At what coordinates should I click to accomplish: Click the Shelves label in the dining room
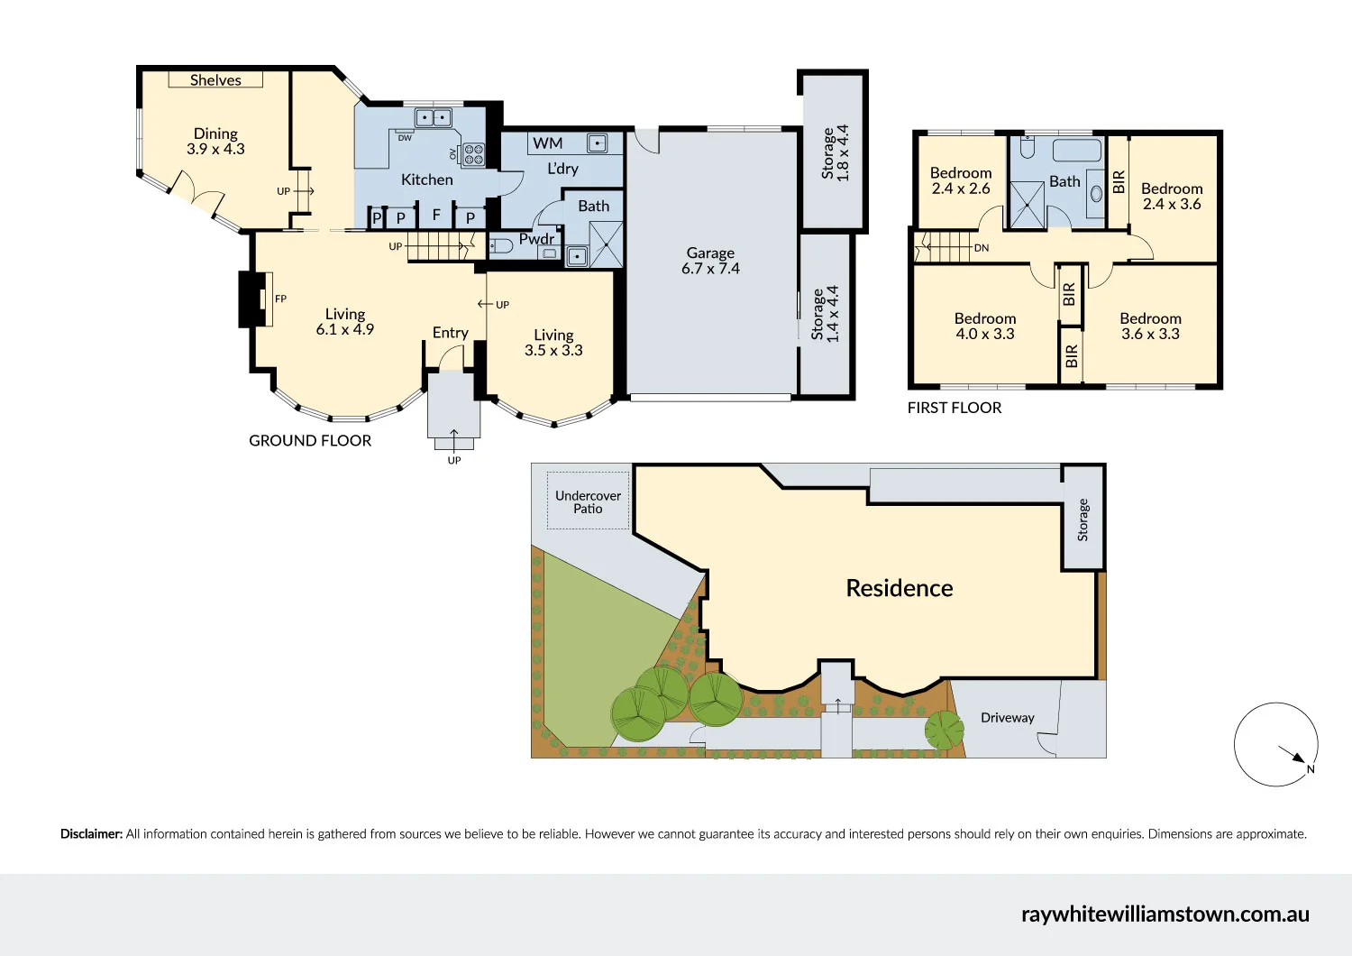point(215,79)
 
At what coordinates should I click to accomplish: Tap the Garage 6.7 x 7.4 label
point(710,261)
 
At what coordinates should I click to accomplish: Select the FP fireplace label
point(280,299)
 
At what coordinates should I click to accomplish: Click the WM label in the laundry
point(547,143)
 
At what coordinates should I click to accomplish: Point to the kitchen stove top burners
point(473,154)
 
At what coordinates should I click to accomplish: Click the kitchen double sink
point(434,116)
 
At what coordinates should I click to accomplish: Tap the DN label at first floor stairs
point(982,248)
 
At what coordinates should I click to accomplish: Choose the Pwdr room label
point(536,238)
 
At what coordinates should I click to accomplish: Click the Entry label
point(451,333)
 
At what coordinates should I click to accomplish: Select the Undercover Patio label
point(588,501)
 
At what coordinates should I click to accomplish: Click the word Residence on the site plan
point(900,588)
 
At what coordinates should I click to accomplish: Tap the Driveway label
point(1008,718)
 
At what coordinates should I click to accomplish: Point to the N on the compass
point(1311,769)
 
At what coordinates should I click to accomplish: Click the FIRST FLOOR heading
point(955,408)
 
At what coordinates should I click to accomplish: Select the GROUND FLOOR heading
point(310,441)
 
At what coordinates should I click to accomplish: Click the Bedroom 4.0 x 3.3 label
point(985,326)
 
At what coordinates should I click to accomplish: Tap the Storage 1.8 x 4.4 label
point(836,152)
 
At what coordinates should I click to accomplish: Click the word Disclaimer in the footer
point(92,834)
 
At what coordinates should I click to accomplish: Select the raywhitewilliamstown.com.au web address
point(1165,914)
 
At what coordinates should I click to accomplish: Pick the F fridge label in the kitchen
point(436,215)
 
